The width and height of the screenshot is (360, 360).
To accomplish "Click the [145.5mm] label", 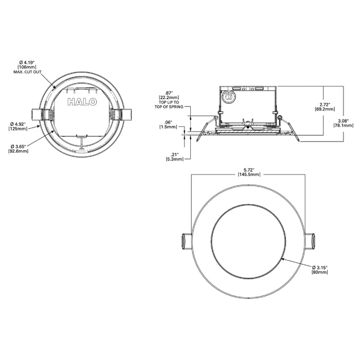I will (249, 174).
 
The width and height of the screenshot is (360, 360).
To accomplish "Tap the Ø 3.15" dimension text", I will (320, 266).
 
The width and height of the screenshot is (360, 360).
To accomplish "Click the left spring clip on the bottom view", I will (186, 241).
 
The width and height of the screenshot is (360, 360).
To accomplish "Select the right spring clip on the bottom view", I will (312, 241).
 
